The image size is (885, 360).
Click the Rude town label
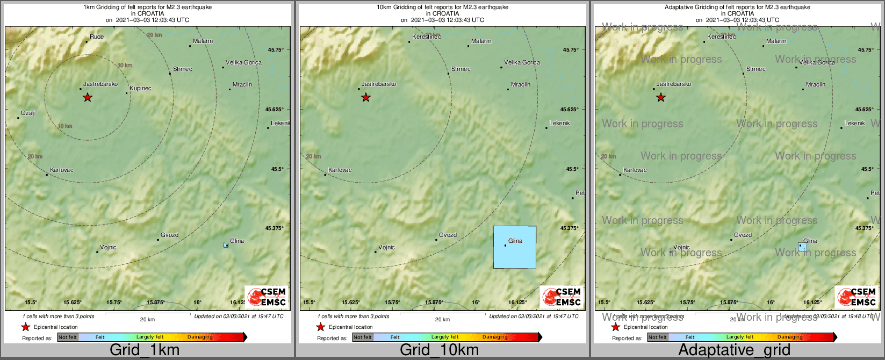tap(97, 37)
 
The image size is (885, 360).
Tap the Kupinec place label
tap(140, 88)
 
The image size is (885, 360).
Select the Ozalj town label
tap(27, 113)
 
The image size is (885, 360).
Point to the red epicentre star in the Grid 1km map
tap(88, 98)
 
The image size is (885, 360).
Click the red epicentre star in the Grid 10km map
tap(366, 98)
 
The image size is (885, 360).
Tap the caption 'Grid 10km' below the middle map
tap(439, 350)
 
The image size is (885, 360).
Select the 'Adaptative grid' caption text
tap(734, 350)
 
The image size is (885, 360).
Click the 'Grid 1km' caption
tap(145, 350)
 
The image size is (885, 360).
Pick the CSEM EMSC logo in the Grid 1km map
tap(267, 297)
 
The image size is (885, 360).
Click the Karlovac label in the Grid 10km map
tap(340, 170)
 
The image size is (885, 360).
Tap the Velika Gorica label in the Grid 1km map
tap(243, 63)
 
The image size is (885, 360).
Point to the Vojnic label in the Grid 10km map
tap(386, 248)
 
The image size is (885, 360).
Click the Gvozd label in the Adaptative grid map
tap(743, 235)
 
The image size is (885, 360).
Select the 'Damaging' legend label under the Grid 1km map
tap(200, 337)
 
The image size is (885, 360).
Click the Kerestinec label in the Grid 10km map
tap(426, 37)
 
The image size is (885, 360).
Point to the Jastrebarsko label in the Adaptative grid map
tap(673, 84)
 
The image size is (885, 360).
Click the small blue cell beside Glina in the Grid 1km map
tap(226, 246)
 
